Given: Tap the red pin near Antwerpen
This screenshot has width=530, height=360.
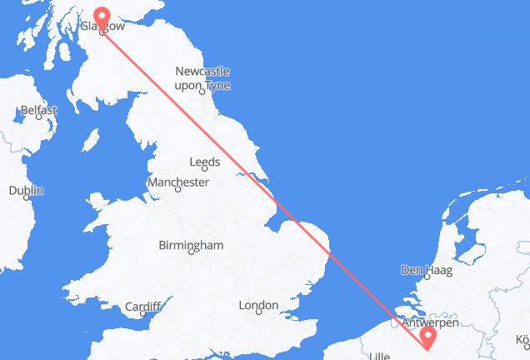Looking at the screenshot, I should pos(428,337).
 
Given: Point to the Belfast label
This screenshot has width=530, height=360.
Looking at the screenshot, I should pos(39,110).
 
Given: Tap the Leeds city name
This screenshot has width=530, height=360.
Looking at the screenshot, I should pos(205,162).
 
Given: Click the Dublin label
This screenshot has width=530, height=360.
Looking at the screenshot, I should pos(26,191).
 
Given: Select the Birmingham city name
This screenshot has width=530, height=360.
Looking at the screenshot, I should pos(192,245).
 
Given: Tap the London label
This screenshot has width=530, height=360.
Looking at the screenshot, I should pos(257,306).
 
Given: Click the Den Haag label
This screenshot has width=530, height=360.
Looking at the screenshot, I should pos(423,269).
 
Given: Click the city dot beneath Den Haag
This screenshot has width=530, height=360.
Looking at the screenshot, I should pos(425,278).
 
